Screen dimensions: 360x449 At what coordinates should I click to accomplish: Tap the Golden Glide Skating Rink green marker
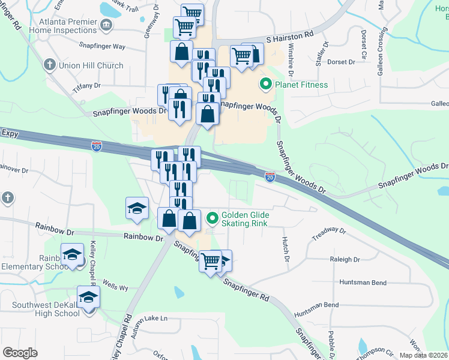[211, 218]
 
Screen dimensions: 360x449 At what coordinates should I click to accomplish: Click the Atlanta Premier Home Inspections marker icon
[106, 24]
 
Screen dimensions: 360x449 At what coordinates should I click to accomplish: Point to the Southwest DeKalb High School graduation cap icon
[88, 298]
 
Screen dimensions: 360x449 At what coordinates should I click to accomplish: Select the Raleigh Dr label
[345, 260]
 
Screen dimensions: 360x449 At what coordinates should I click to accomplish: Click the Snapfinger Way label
[102, 46]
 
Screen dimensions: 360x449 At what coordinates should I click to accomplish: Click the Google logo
[20, 353]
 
